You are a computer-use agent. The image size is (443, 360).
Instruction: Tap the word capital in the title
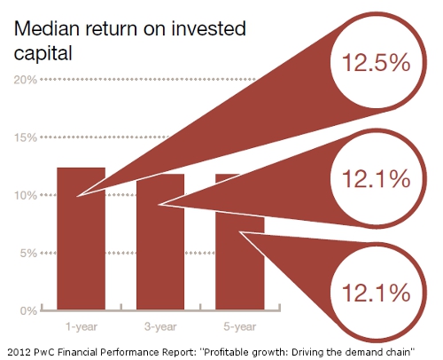pos(41,53)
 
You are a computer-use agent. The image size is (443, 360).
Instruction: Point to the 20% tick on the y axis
pos(25,80)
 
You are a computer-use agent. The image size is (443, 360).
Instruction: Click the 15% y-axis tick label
pos(25,137)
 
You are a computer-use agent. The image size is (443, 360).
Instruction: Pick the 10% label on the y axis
pos(25,195)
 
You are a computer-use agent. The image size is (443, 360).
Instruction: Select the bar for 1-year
pos(82,248)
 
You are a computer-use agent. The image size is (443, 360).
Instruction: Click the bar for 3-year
pos(160,257)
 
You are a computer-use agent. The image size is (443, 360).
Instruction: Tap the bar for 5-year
pos(239,266)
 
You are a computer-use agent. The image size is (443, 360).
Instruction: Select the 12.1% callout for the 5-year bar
pos(369,291)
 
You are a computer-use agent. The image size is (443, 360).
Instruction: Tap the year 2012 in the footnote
pos(17,348)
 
